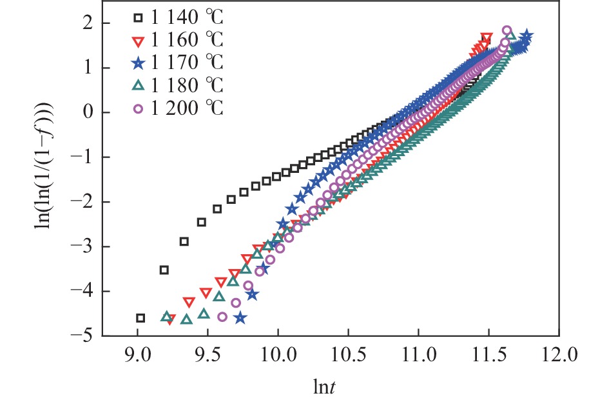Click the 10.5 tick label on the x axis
point(348,354)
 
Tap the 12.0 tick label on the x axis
point(558,354)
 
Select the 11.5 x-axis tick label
point(488,354)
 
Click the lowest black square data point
point(140,317)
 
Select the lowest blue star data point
point(240,318)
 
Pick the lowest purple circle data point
point(223,317)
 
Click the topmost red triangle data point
point(487,38)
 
